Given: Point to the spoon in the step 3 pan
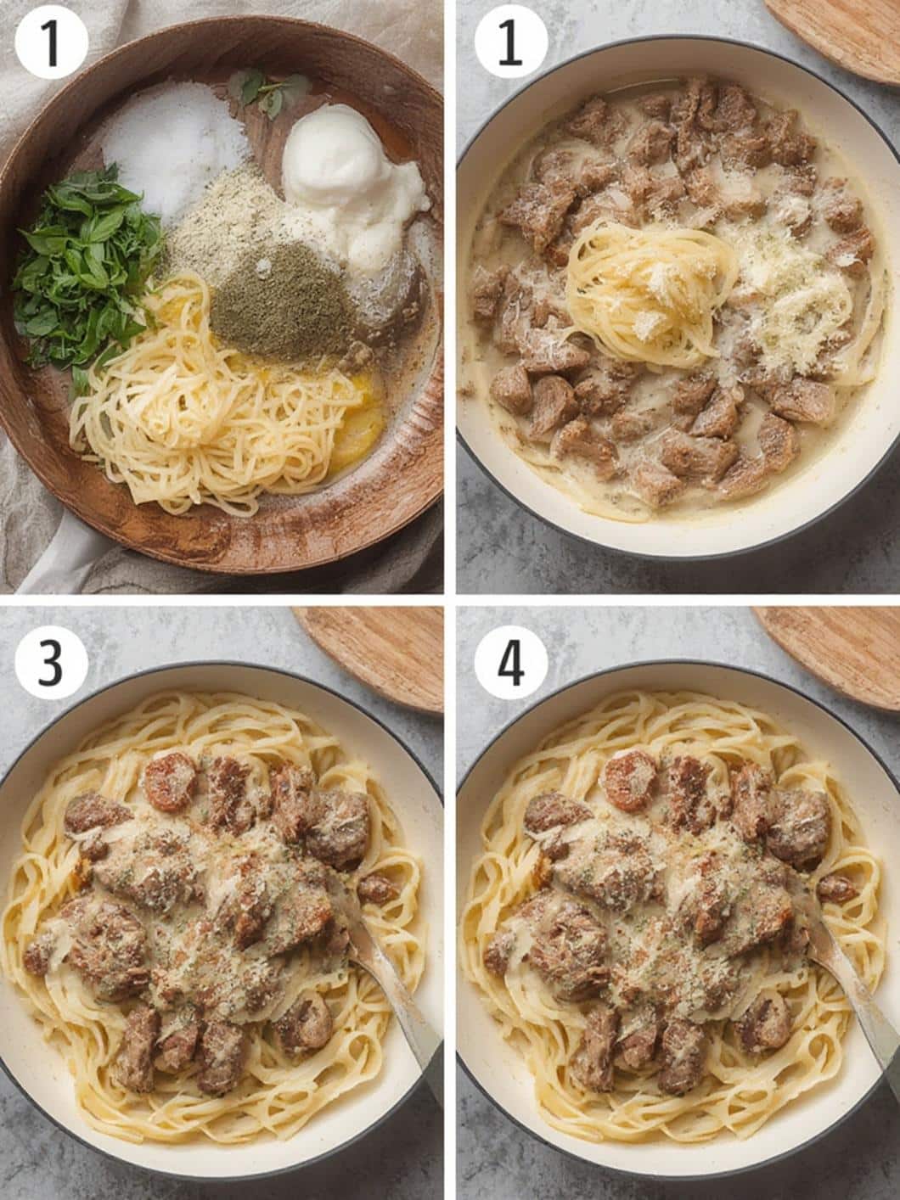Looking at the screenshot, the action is [x=391, y=984].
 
